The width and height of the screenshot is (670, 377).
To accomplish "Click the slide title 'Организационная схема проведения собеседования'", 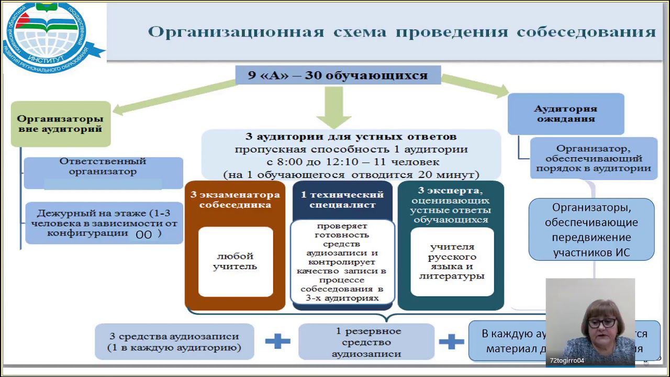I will click(401, 32).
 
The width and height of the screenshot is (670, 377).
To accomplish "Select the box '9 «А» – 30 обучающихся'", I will click(338, 75).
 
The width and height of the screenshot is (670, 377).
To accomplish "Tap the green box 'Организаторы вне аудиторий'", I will click(60, 124).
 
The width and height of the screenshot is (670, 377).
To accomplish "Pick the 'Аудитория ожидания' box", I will click(565, 114).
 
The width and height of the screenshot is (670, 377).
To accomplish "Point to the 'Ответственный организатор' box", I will click(103, 167).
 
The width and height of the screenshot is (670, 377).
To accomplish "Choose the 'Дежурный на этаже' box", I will click(104, 224).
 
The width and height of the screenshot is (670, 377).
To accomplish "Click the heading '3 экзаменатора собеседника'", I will click(235, 199).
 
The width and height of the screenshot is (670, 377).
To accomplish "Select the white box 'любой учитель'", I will click(236, 261).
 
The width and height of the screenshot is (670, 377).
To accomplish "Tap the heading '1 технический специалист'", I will click(342, 199).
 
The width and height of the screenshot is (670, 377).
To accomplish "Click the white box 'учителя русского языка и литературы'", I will click(452, 261).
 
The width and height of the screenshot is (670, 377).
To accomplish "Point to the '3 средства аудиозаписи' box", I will click(174, 342).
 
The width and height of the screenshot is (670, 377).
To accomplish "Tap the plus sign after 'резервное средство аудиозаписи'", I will click(451, 342).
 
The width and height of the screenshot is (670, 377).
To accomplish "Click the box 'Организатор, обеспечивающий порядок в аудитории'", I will click(593, 158).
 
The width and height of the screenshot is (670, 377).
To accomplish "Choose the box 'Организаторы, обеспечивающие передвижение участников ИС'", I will click(591, 229).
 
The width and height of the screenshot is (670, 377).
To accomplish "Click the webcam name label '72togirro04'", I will click(567, 360).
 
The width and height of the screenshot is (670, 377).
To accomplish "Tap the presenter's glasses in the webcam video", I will click(601, 323).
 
